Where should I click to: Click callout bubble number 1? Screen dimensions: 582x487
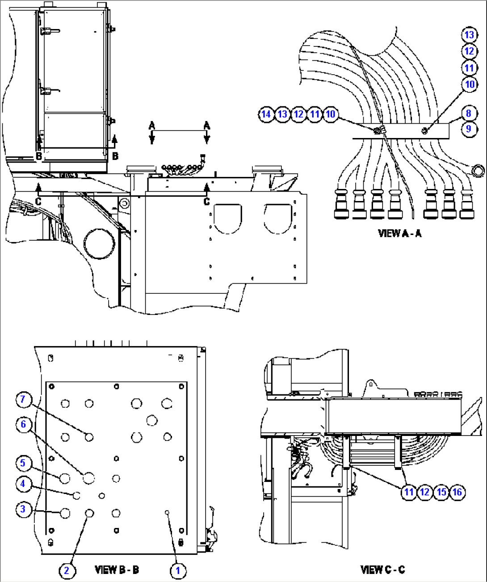pos(178,570)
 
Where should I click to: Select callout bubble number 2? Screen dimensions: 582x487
pos(66,570)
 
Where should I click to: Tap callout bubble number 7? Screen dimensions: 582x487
pos(23,399)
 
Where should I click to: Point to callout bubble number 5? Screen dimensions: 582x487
pos(23,463)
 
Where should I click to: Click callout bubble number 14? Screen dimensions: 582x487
pos(266,114)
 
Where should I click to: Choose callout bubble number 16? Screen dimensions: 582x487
pos(457,492)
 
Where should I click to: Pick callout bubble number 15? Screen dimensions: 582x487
pos(441,492)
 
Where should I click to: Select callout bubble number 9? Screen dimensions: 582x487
pos(469,129)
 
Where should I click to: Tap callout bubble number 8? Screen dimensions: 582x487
pos(469,113)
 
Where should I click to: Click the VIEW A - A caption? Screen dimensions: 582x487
pos(399,233)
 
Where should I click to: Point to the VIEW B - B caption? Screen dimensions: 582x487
pos(117,569)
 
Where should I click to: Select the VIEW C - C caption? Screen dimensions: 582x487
pos(382,569)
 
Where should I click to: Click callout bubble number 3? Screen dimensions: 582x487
pos(23,509)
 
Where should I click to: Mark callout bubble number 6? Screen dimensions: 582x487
pos(23,424)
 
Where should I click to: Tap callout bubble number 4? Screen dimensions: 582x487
pos(23,484)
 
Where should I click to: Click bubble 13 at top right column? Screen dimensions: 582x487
pos(469,35)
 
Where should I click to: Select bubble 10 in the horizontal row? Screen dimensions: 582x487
pos(330,114)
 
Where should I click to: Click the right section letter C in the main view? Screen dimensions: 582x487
pos(206,201)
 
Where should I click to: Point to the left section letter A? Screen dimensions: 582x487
pos(152,126)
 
